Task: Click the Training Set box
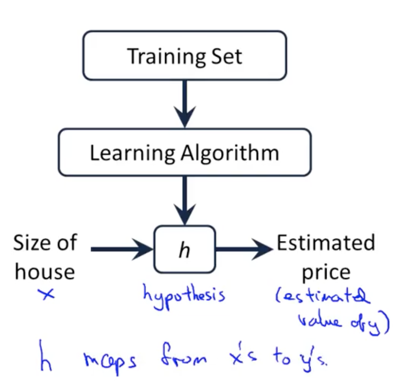point(184,56)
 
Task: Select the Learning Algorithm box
point(184,152)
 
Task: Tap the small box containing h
point(184,249)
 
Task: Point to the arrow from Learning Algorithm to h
point(184,199)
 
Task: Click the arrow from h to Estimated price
point(243,249)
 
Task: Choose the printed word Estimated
point(325,243)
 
